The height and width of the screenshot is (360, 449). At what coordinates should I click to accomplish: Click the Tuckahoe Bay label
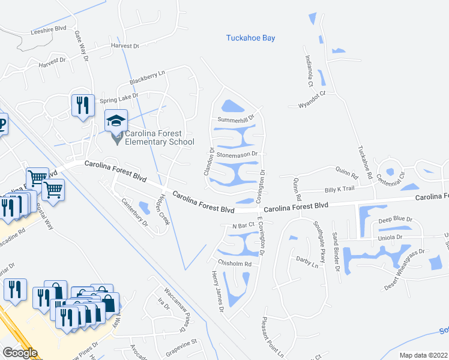click(x=250, y=38)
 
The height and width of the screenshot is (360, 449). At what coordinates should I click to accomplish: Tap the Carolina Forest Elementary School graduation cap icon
click(x=116, y=120)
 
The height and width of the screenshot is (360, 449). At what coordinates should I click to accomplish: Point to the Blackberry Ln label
click(x=147, y=77)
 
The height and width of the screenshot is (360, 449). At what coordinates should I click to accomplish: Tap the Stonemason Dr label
click(x=237, y=154)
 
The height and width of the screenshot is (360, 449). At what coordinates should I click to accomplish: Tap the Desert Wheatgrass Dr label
click(x=405, y=269)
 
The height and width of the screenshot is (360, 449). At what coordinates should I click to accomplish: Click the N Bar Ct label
click(x=244, y=225)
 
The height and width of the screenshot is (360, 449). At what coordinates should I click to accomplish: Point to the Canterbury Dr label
click(x=134, y=212)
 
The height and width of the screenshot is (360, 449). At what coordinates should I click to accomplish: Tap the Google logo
click(x=20, y=353)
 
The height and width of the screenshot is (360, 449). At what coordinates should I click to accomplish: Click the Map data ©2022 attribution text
click(x=423, y=355)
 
